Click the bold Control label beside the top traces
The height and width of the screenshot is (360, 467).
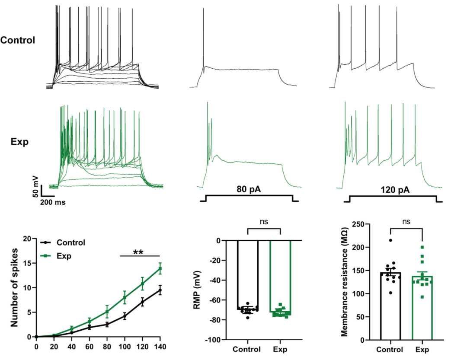click(x=18, y=40)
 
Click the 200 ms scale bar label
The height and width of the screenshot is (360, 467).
click(x=54, y=202)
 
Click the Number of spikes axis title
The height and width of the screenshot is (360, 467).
click(x=15, y=287)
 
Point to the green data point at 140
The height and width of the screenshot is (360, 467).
click(x=160, y=268)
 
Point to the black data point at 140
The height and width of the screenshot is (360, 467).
click(x=160, y=290)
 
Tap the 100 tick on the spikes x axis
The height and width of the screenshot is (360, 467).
click(x=125, y=347)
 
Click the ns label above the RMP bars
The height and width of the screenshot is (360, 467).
click(x=264, y=221)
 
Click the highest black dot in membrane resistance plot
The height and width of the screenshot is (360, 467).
click(x=390, y=240)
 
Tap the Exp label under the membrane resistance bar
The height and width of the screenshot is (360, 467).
click(x=422, y=349)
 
